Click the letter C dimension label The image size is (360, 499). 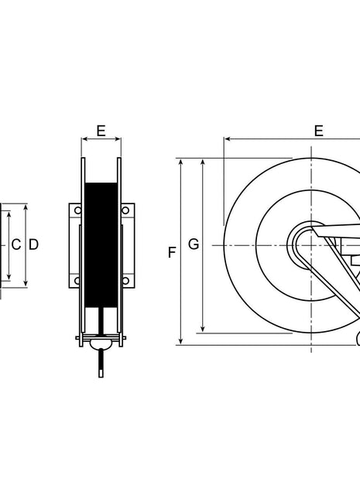pyautogui.click(x=15, y=244)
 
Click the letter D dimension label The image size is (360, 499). pyautogui.click(x=33, y=244)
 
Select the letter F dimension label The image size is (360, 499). pyautogui.click(x=171, y=252)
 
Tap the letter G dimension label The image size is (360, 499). pyautogui.click(x=194, y=244)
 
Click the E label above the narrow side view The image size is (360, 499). pyautogui.click(x=101, y=131)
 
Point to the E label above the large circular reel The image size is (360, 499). pyautogui.click(x=318, y=131)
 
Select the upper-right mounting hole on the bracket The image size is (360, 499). pyautogui.click(x=125, y=210)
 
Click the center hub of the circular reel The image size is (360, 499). pyautogui.click(x=311, y=245)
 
